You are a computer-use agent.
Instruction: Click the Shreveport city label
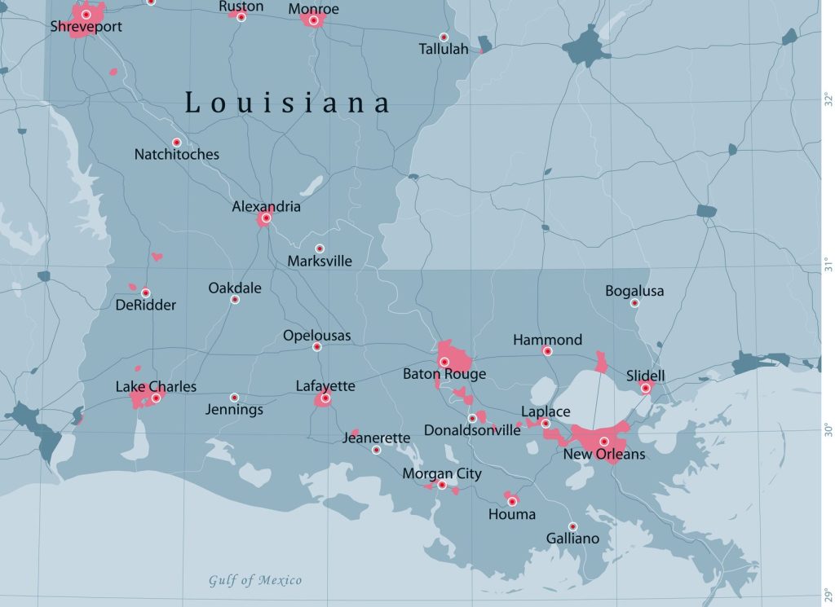86,27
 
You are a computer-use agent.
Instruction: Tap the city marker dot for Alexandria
266,218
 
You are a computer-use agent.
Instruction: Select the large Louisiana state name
288,103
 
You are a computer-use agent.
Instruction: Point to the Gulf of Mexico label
254,581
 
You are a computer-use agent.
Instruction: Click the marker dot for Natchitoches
176,143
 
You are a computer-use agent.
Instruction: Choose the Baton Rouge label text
444,375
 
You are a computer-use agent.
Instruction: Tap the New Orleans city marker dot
604,442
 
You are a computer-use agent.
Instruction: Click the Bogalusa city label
634,291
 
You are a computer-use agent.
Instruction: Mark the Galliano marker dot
572,526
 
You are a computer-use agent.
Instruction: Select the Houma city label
512,514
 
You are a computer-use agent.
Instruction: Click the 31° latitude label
826,265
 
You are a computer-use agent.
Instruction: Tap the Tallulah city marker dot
444,37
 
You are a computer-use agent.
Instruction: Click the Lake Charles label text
156,386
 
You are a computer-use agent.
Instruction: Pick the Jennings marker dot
234,398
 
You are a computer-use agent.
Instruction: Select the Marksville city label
320,262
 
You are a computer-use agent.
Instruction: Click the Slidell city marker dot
645,388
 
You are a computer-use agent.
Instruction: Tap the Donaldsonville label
472,430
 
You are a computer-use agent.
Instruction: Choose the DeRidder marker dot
145,293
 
